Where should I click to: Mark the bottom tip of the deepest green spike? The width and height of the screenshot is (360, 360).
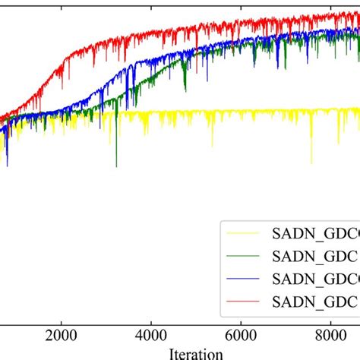(116, 166)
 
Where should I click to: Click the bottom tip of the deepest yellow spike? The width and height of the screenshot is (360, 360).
(311, 163)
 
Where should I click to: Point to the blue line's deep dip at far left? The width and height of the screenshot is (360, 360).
(7, 165)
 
